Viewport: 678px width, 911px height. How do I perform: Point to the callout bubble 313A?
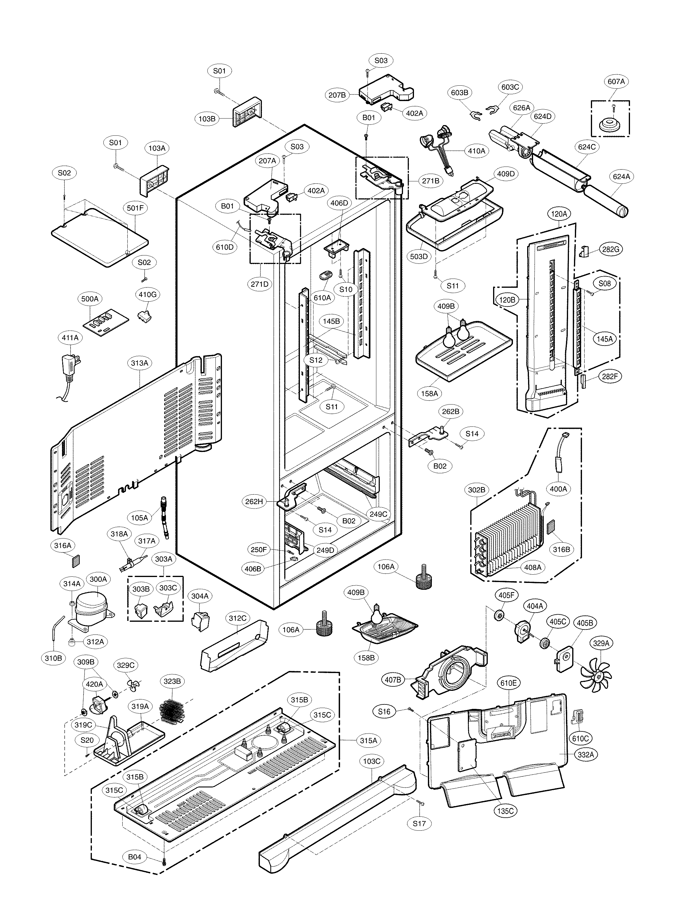click(x=140, y=363)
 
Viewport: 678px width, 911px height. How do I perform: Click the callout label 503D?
click(x=419, y=256)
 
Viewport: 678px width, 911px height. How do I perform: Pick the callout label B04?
click(x=135, y=857)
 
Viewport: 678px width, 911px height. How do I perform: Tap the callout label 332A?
click(x=586, y=754)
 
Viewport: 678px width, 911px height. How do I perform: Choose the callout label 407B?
click(x=393, y=680)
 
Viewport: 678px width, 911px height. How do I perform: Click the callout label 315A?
click(x=368, y=740)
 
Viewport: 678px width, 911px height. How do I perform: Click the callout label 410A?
click(x=476, y=151)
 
